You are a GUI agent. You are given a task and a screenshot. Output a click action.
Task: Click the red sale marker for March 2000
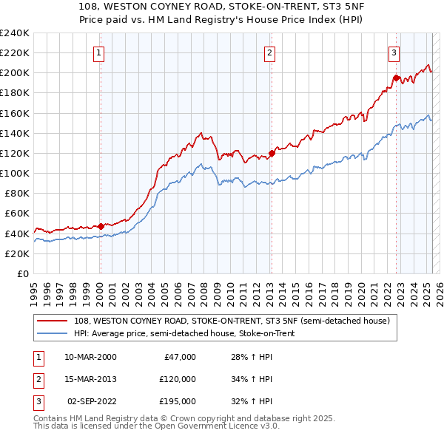click(x=101, y=225)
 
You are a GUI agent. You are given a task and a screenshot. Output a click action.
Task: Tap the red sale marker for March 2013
click(x=272, y=153)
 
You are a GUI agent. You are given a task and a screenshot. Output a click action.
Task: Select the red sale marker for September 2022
click(x=396, y=77)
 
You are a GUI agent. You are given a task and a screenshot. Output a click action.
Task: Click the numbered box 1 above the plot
click(x=99, y=52)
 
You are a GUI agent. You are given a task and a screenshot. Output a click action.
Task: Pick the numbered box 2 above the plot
click(x=270, y=52)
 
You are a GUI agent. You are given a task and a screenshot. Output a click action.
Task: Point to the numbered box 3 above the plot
click(x=394, y=52)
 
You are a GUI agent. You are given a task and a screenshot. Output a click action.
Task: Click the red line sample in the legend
click(x=53, y=321)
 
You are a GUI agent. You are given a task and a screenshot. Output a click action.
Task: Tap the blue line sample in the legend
click(x=53, y=333)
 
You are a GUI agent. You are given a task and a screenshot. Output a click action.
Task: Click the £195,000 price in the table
click(x=178, y=402)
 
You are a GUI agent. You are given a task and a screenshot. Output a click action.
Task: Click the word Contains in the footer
click(x=50, y=418)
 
